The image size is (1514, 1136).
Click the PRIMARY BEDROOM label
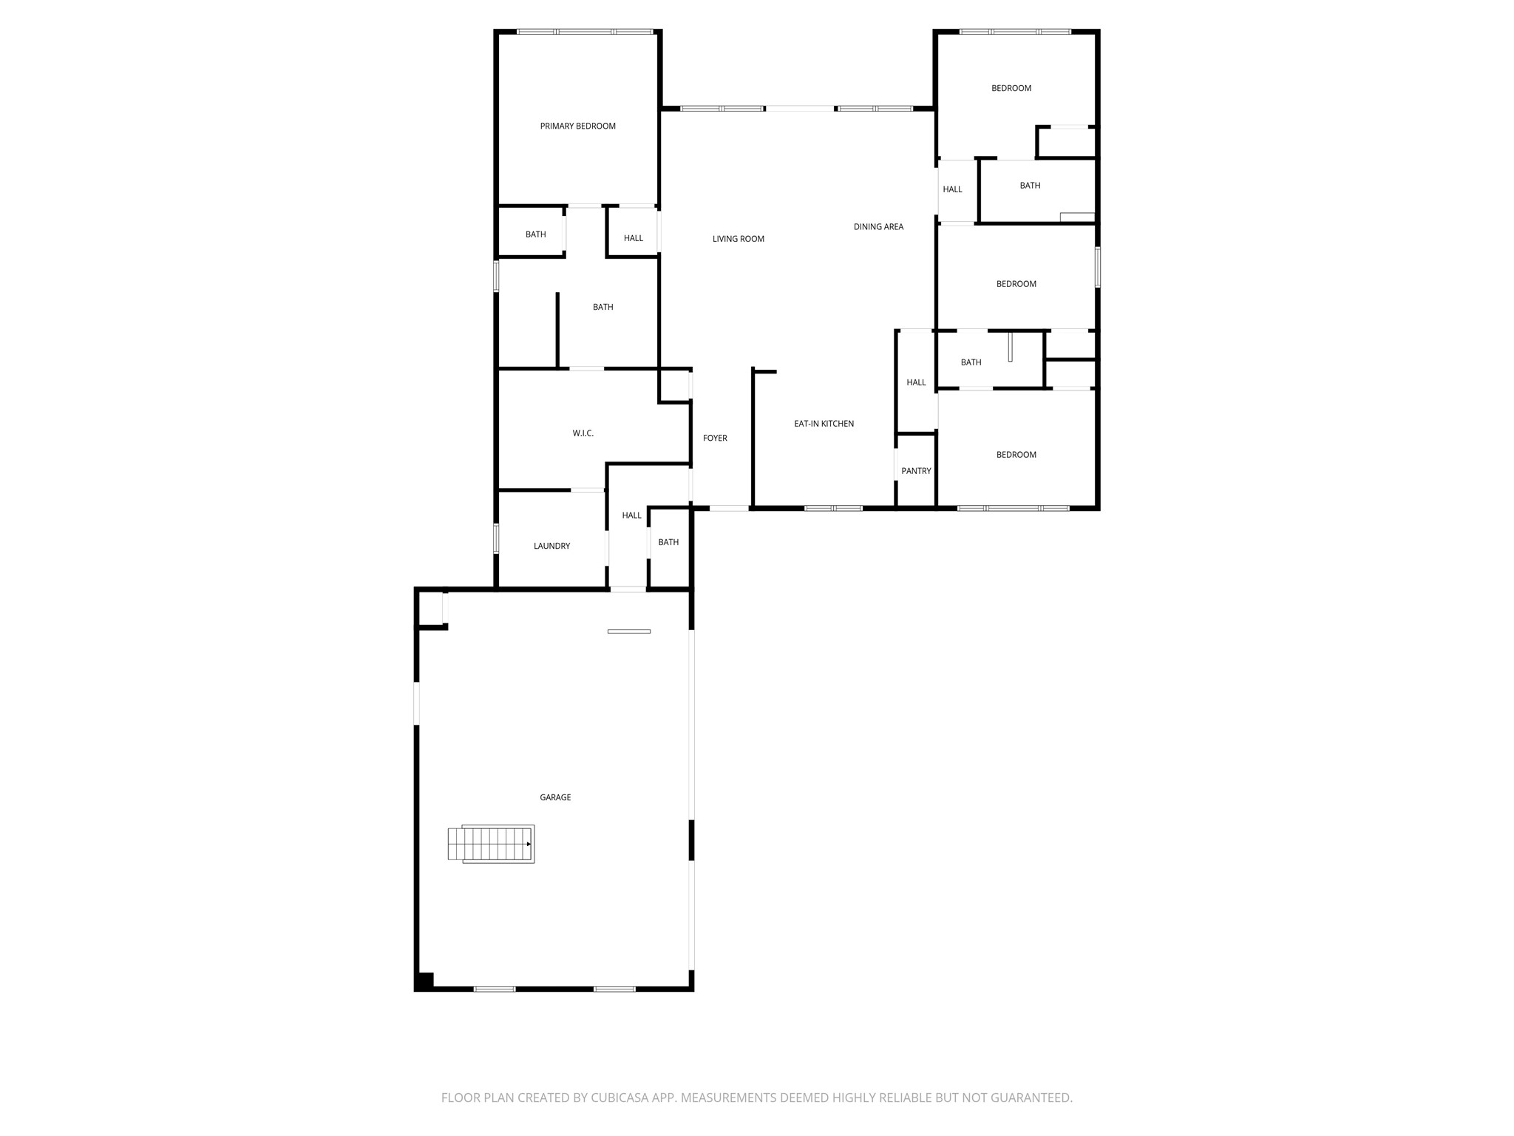pos(577,126)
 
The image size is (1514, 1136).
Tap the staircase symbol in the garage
pos(491,844)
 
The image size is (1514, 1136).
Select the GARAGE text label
pos(555,797)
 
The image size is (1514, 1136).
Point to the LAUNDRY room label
pos(551,547)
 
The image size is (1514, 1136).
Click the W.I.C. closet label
pos(583,433)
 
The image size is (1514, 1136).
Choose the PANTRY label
pos(916,471)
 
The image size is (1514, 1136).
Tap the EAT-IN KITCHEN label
pos(824,424)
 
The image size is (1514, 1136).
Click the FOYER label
pos(715,439)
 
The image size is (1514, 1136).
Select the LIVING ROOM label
pos(738,239)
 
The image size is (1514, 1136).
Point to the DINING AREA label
pos(878,227)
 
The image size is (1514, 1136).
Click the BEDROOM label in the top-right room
pos(1011,89)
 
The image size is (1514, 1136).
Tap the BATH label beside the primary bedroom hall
pos(535,234)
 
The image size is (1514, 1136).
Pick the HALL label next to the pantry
pos(916,382)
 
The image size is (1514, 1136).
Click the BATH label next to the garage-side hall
pos(668,542)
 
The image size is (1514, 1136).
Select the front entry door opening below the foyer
pos(729,508)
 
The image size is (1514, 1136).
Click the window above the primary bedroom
pos(585,32)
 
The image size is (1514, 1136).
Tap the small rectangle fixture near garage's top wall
pos(629,631)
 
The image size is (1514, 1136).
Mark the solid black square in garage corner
pos(425,981)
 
